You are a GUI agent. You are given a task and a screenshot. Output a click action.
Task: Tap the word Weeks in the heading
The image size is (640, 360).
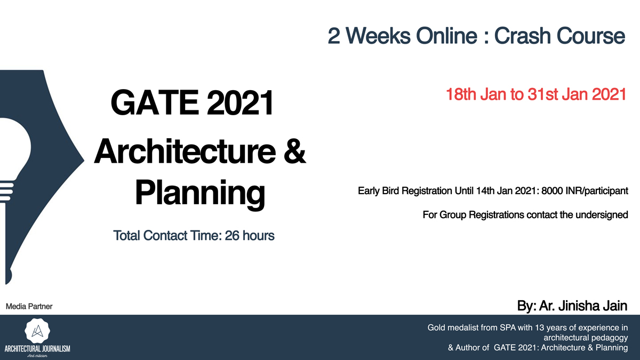pyautogui.click(x=378, y=36)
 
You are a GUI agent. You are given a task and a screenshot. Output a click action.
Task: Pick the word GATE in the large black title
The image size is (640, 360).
pyautogui.click(x=155, y=102)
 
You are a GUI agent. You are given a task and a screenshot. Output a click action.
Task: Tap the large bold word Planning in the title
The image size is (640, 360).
pyautogui.click(x=200, y=193)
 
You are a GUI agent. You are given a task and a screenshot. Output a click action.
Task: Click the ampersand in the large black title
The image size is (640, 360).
pyautogui.click(x=295, y=151)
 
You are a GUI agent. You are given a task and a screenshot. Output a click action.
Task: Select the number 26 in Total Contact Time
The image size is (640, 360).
pyautogui.click(x=232, y=236)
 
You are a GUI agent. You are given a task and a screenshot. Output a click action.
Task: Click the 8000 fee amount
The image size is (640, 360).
pyautogui.click(x=553, y=191)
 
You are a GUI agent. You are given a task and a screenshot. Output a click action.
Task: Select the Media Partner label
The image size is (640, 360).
pyautogui.click(x=29, y=307)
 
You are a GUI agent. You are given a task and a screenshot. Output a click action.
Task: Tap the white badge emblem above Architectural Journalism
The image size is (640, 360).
pyautogui.click(x=37, y=331)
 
